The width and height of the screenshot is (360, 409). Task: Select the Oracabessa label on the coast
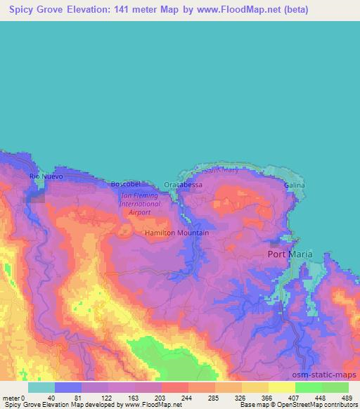[183, 184]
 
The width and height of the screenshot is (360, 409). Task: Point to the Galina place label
[295, 185]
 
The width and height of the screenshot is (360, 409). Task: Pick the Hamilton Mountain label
[176, 233]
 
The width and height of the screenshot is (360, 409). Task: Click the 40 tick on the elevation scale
[51, 398]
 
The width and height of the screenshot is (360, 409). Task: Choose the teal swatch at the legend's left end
[41, 387]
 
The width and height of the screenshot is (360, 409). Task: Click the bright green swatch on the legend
[308, 387]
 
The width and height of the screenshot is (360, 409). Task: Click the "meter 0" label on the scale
[14, 398]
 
